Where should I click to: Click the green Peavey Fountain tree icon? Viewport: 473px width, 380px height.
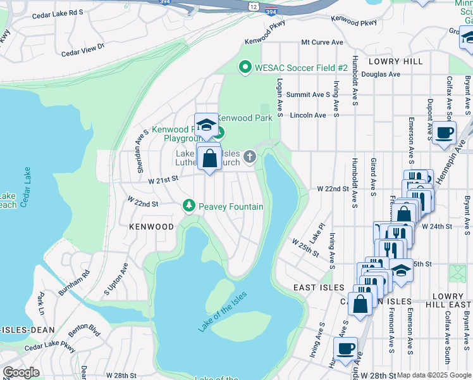[x=188, y=206]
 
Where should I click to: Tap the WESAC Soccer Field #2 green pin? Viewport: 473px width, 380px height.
[x=245, y=67]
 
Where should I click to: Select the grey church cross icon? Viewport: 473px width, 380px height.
[x=250, y=156]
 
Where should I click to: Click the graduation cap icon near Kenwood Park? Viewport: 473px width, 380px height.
[x=206, y=126]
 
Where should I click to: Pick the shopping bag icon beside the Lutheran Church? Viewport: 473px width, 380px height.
[x=209, y=158]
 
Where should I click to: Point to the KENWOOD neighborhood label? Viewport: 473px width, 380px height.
[x=151, y=226]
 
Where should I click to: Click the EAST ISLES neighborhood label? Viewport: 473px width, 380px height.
[x=318, y=288]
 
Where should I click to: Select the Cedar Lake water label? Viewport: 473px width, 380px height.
[x=26, y=189]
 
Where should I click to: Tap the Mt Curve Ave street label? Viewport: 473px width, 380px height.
[x=322, y=42]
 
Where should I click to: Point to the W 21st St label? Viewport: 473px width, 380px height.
[x=161, y=180]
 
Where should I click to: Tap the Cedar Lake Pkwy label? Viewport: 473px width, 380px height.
[x=50, y=348]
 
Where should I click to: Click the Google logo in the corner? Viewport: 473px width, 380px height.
[x=21, y=372]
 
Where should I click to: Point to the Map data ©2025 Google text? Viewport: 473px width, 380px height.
[x=433, y=375]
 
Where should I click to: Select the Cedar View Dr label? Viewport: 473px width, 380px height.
[x=83, y=49]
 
